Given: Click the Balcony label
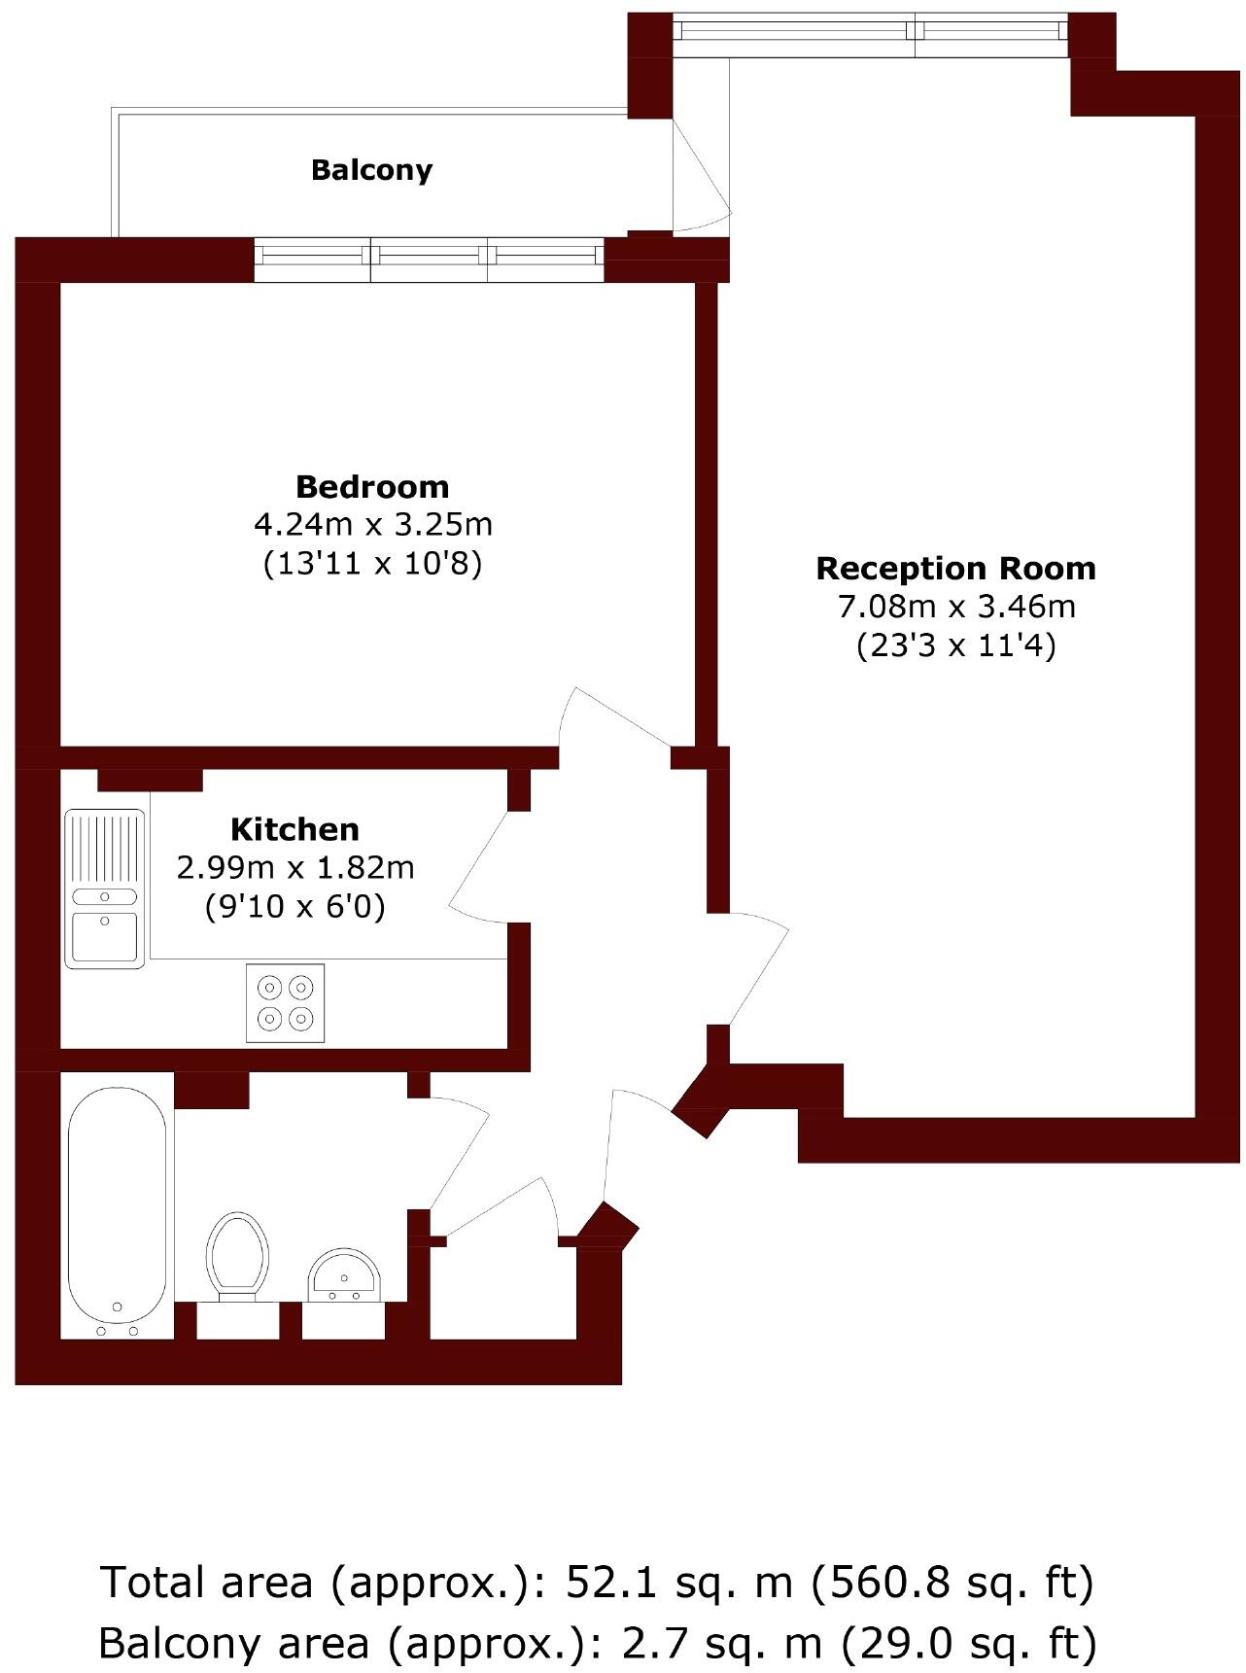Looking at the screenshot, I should (x=371, y=170).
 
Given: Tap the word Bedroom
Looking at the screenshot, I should (x=372, y=486).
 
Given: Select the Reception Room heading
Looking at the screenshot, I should (x=955, y=568).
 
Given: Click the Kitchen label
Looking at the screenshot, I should (x=294, y=829).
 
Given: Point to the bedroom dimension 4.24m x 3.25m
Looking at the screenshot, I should (x=372, y=525).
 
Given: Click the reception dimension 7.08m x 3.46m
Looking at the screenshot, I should (x=956, y=607).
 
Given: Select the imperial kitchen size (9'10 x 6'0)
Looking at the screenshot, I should (x=294, y=907).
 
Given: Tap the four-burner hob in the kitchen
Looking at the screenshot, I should (x=285, y=1003).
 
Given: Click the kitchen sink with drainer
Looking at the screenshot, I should (x=105, y=889).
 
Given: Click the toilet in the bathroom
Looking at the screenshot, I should (x=236, y=1256).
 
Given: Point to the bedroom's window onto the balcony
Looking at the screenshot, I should (x=429, y=259).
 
